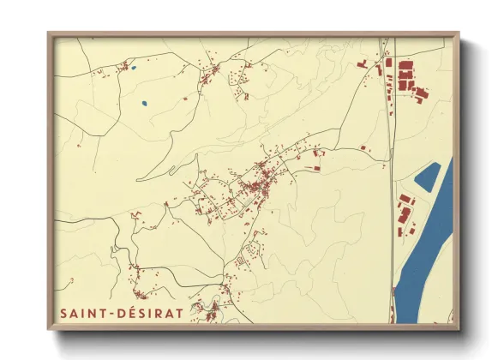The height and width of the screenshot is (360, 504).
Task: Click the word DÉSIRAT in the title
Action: coord(153,313)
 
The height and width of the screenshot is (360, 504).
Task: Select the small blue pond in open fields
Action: coord(144,105)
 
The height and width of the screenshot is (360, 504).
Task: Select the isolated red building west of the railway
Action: coord(363,149)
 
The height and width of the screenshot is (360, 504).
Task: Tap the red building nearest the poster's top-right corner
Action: coord(420,93)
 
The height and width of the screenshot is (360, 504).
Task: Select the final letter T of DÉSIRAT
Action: coord(178,313)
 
